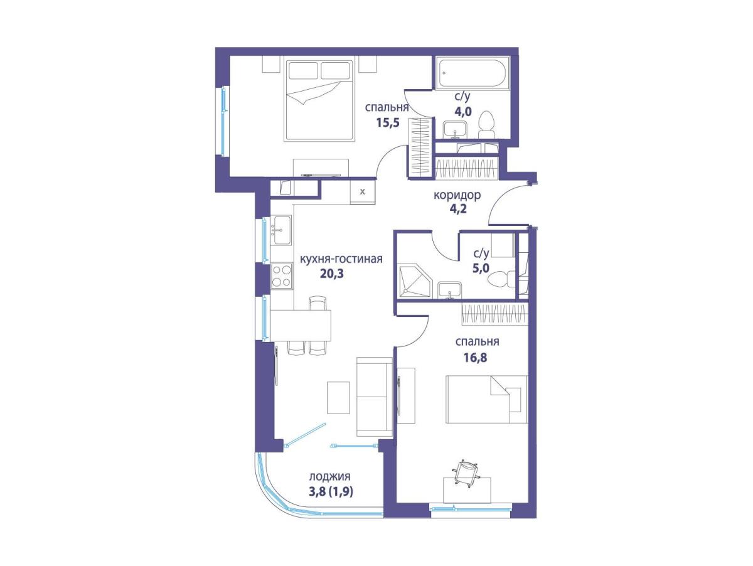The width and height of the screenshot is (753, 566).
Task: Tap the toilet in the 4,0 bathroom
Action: (486, 125)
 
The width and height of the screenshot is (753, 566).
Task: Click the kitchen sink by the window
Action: (281, 230)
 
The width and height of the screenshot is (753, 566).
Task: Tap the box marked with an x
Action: (363, 192)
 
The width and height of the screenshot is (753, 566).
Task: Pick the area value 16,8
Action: (475, 358)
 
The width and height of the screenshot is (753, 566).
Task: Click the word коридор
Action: (457, 195)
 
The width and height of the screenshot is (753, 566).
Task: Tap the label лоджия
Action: (330, 476)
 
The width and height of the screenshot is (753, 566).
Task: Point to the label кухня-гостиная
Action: (341, 259)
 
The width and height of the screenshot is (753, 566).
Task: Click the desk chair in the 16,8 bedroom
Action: (466, 473)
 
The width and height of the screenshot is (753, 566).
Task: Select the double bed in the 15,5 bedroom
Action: (319, 100)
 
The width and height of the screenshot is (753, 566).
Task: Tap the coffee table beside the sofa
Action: (338, 398)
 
